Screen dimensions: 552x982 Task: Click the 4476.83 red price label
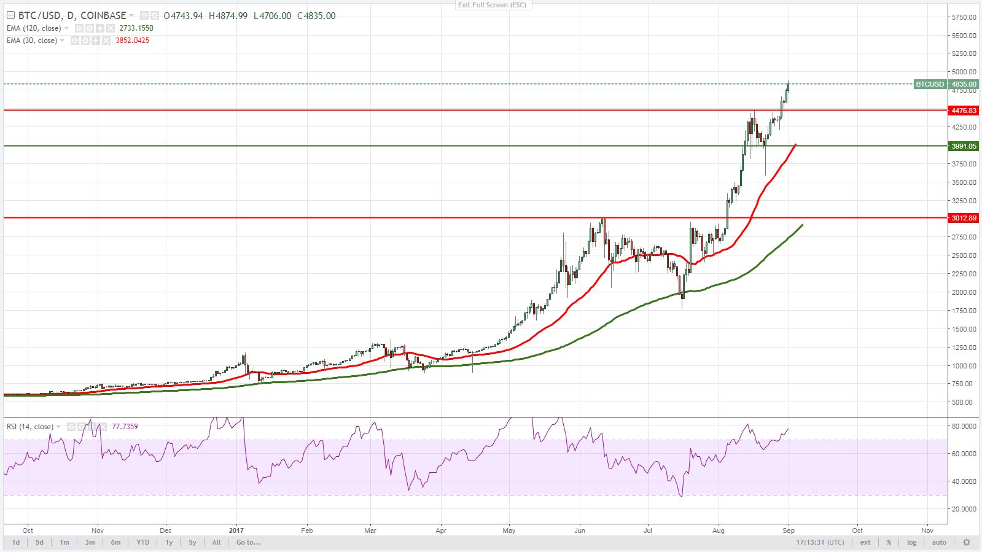[x=963, y=111]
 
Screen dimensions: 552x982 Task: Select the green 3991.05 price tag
[x=963, y=146]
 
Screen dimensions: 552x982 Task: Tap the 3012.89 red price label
[x=963, y=218]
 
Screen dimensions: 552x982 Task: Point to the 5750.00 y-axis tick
[x=964, y=17]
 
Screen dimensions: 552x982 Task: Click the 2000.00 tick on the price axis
[x=964, y=292]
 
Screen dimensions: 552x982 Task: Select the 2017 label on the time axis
[x=236, y=531]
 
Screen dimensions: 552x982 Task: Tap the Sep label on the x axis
[x=789, y=531]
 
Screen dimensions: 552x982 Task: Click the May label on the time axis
[x=509, y=531]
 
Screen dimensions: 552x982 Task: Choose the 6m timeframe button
[x=115, y=542]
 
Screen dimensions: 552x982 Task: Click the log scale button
[x=911, y=542]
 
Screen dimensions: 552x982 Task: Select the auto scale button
[x=939, y=542]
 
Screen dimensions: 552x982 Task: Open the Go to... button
[x=248, y=542]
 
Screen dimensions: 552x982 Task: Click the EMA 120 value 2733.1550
[x=136, y=28]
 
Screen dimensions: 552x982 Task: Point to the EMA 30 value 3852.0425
[x=132, y=41]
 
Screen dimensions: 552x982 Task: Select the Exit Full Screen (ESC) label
[x=492, y=5]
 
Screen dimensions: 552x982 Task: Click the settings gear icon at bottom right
[x=966, y=542]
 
